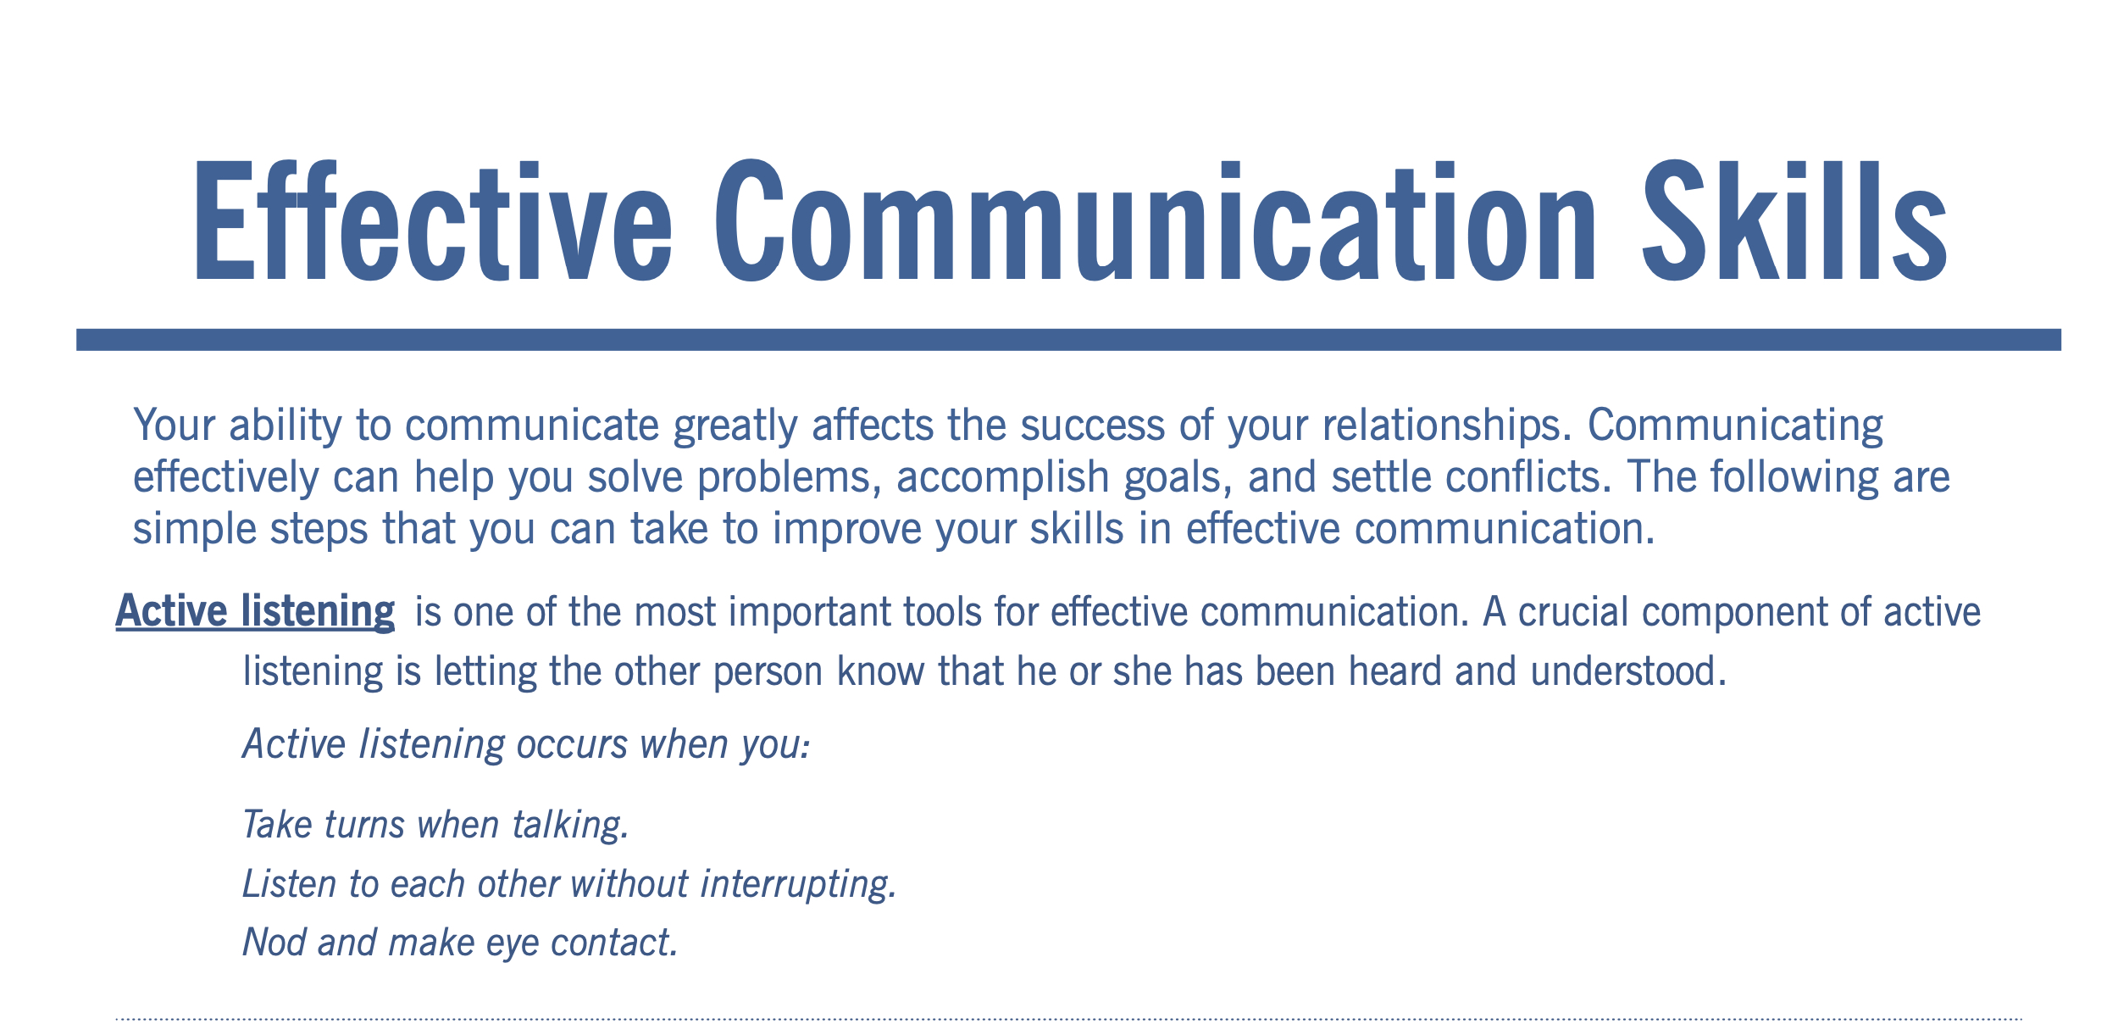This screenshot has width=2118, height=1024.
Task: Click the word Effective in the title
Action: click(x=434, y=220)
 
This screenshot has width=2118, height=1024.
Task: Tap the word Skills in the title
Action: click(x=1795, y=220)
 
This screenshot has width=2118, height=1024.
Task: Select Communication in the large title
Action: click(x=1156, y=220)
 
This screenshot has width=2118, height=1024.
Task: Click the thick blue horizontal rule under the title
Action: click(x=1068, y=340)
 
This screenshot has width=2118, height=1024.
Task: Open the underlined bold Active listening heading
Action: click(x=255, y=612)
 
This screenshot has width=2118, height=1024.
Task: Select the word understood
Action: click(x=1628, y=671)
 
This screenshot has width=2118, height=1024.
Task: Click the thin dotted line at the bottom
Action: click(x=1068, y=1019)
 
